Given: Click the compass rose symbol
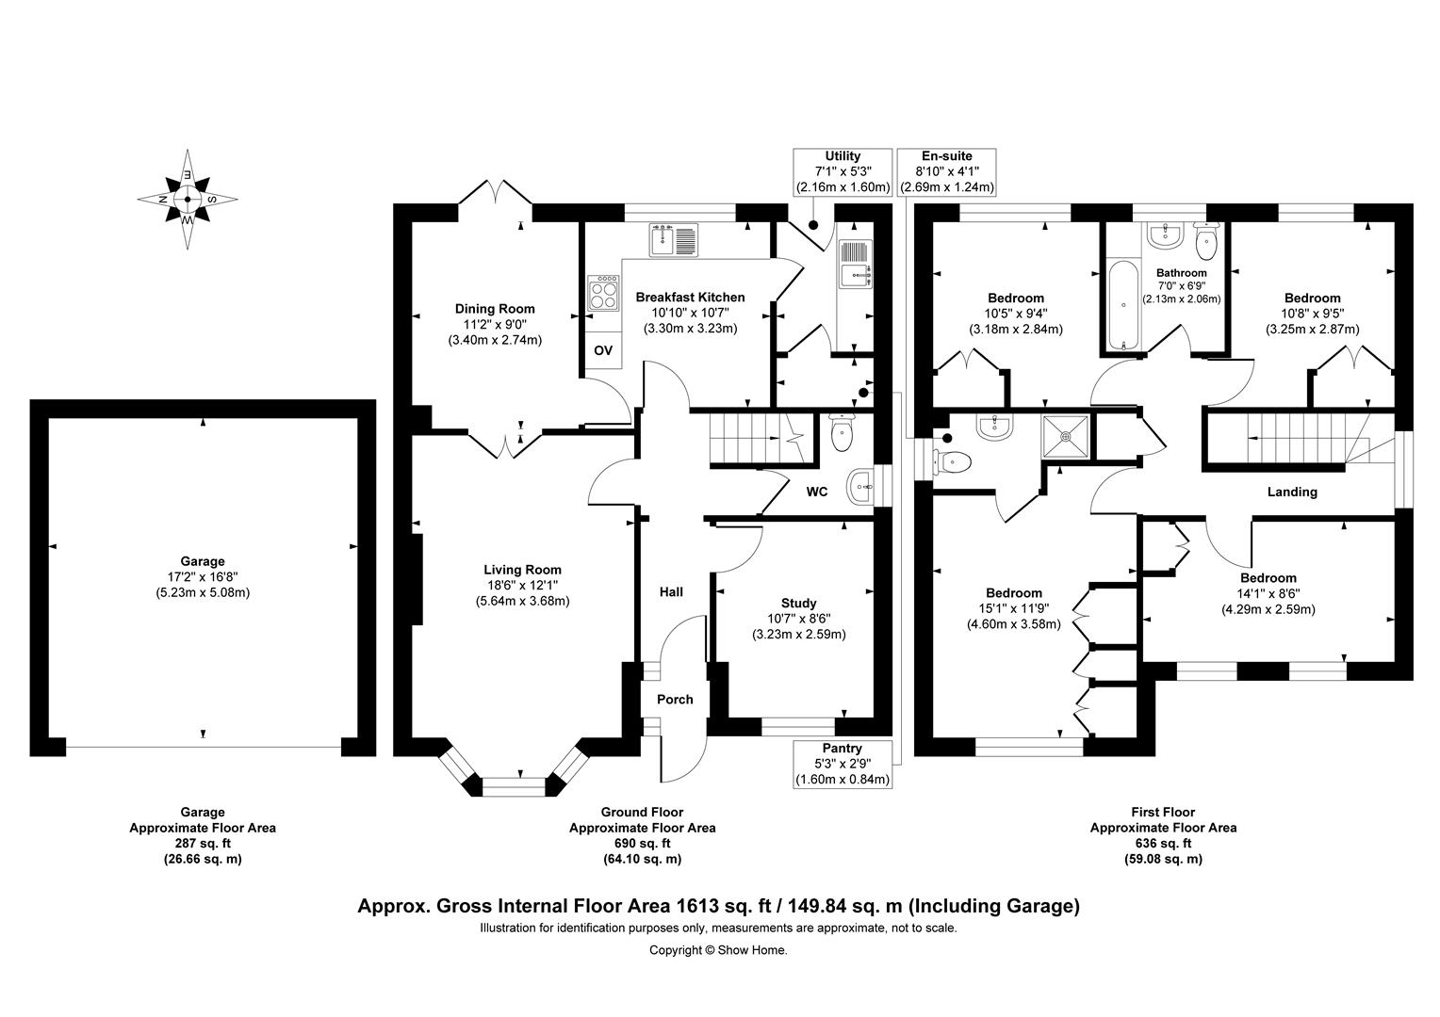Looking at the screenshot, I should click(188, 200).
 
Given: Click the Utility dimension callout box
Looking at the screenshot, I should click(843, 172).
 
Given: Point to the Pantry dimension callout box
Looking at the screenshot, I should click(842, 764).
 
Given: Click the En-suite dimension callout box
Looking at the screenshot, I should click(946, 172).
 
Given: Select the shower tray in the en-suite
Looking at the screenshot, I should click(1066, 437).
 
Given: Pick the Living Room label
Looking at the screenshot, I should click(522, 570).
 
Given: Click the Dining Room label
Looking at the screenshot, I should click(495, 309).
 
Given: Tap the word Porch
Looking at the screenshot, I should click(675, 700).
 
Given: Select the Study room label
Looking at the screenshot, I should click(798, 604).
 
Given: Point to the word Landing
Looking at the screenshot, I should click(1292, 492).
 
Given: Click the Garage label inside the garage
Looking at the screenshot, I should click(203, 561).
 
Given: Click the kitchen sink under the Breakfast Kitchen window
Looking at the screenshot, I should click(671, 240).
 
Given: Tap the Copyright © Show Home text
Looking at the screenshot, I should click(718, 950).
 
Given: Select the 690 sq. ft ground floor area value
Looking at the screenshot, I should click(642, 844).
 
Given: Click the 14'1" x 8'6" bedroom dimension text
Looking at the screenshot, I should click(1268, 593).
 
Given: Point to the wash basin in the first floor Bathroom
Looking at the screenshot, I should click(1166, 234).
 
